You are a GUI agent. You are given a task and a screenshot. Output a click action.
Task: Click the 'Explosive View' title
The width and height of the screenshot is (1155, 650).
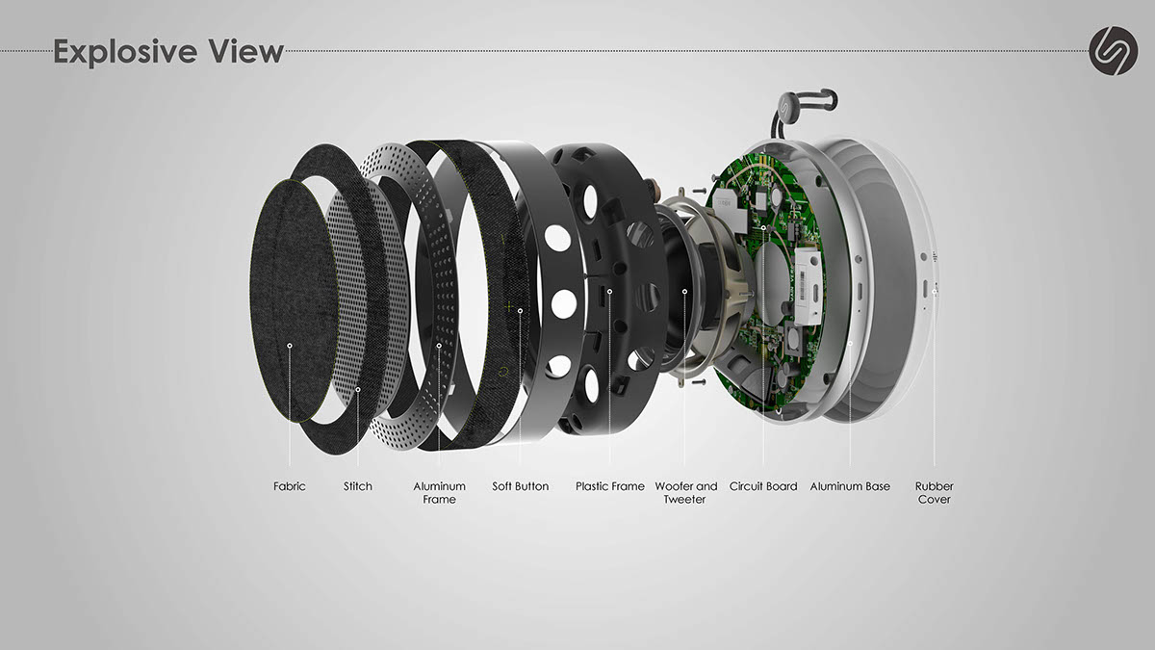168,50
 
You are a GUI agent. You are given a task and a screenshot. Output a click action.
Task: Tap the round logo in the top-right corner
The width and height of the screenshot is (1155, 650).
1113,49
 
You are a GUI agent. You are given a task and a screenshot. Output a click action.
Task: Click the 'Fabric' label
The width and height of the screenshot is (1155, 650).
289,486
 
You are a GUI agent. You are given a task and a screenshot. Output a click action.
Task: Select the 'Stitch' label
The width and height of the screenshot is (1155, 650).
358,486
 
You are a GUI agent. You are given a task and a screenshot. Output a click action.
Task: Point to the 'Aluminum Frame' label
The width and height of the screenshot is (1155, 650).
439,493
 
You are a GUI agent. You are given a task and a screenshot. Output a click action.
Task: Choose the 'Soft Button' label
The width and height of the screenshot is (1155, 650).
520,486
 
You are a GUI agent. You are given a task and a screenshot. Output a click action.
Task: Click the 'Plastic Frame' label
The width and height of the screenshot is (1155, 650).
610,486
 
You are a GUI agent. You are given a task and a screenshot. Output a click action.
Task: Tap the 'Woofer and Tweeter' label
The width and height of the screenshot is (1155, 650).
685,493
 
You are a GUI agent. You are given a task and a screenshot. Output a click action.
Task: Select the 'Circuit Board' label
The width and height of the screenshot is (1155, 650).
763,486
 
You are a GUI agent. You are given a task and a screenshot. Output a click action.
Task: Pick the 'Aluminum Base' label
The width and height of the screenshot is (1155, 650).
850,486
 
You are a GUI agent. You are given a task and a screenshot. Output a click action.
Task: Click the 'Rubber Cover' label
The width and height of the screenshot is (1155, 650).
934,493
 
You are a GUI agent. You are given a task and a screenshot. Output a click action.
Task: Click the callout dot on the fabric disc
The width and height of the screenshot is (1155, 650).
290,344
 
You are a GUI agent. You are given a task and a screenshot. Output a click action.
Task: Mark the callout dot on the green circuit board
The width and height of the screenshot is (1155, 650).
763,227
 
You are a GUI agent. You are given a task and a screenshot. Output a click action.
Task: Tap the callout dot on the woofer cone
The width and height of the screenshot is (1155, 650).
685,290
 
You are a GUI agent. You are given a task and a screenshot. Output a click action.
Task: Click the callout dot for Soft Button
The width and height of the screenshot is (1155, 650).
520,310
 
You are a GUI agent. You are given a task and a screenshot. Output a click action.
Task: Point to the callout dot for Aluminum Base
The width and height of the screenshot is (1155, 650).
850,341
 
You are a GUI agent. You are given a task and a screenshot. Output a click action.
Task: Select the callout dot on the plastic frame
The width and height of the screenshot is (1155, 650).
610,290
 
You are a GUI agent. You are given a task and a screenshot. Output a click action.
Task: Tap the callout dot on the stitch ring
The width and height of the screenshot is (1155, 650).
358,389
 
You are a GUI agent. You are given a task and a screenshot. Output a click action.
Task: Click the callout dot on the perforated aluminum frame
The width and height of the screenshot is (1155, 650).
439,345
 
